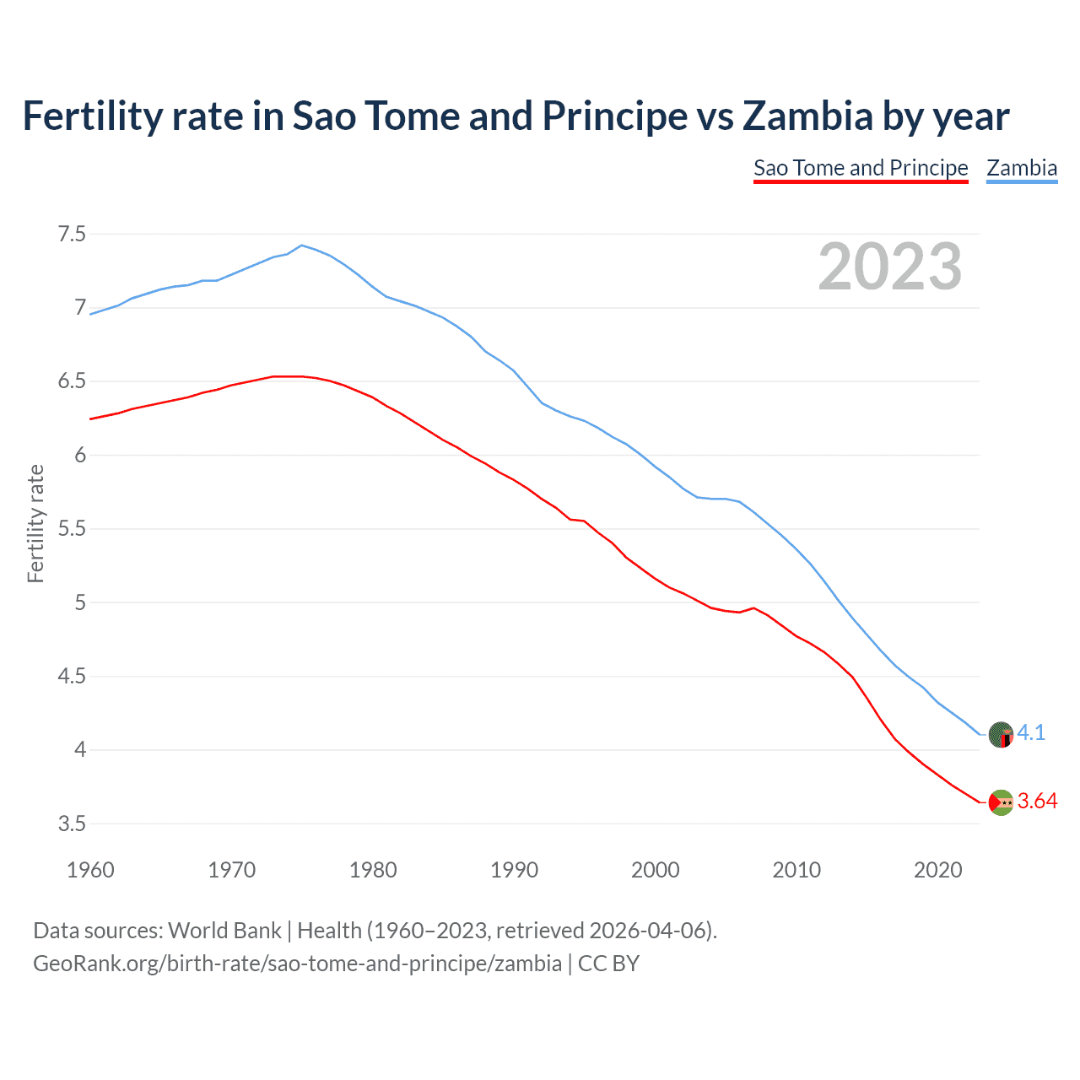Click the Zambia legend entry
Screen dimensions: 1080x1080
(1022, 168)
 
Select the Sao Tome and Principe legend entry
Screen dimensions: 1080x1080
(861, 168)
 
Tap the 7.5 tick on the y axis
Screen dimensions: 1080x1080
(72, 234)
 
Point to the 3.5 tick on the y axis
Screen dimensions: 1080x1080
(72, 823)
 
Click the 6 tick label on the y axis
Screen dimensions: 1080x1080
(80, 456)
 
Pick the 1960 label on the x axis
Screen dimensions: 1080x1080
(90, 870)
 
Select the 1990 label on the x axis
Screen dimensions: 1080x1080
(514, 870)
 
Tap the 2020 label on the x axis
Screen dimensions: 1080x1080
(937, 870)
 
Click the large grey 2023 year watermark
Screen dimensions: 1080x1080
(889, 267)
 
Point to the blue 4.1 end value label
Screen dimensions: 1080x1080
(1031, 732)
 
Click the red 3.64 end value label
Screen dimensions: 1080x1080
(1037, 802)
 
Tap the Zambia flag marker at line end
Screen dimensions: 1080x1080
(1001, 735)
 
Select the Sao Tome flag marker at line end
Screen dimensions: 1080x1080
(1001, 802)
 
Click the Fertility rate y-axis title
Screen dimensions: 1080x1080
(35, 523)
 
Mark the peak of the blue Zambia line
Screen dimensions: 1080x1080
(302, 246)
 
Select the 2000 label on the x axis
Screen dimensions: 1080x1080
(655, 870)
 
